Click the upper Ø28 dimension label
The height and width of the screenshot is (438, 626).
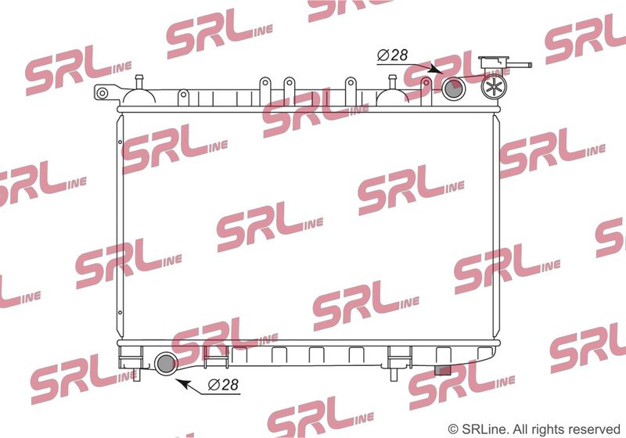pos(393,55)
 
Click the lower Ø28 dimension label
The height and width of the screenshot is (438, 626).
pos(223,385)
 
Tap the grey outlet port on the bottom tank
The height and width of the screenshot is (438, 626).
pos(166,364)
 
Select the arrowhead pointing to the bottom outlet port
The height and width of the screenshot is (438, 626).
pos(183,384)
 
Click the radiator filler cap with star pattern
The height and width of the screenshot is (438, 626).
pos(494,87)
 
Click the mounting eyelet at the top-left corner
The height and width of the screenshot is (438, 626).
pos(103,93)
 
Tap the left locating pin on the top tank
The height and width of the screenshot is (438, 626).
pos(139,81)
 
